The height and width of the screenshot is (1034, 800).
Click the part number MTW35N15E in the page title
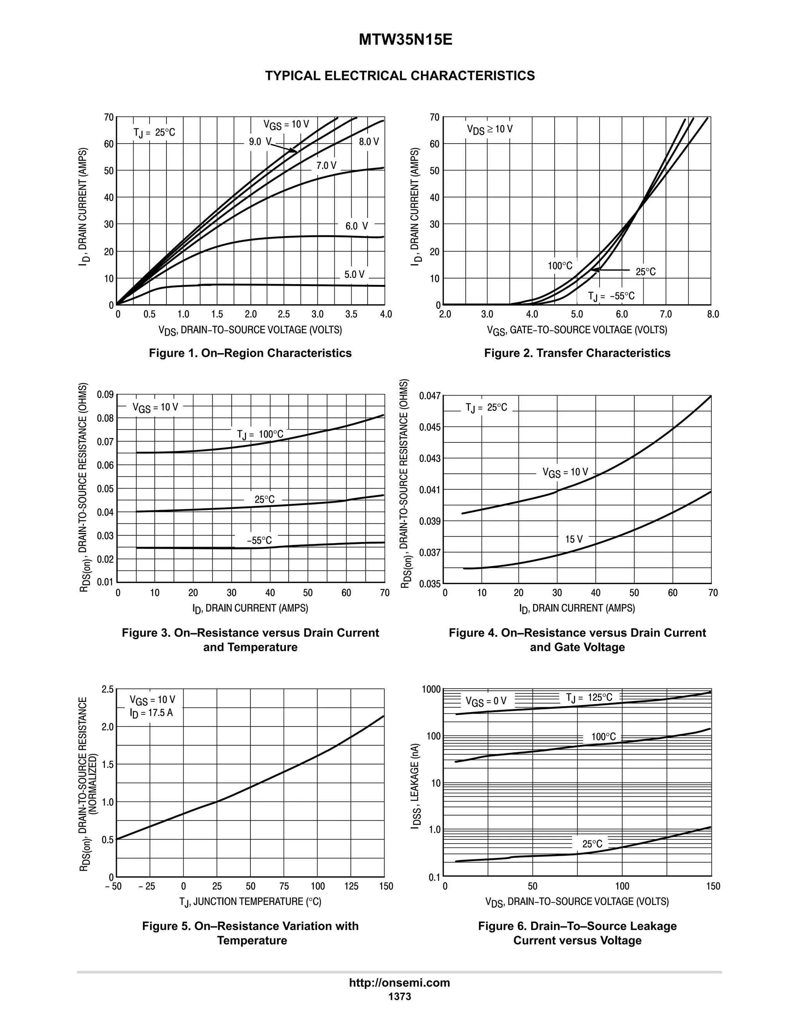click(x=405, y=40)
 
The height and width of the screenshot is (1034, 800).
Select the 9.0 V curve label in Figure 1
click(x=260, y=142)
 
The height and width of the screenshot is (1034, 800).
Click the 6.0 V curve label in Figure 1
click(x=356, y=226)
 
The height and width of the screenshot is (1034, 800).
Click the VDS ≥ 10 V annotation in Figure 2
click(x=489, y=129)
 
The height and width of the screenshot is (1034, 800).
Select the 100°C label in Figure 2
click(x=560, y=266)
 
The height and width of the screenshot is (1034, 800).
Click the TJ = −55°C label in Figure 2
click(x=611, y=297)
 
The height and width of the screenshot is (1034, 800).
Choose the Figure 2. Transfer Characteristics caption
click(x=577, y=353)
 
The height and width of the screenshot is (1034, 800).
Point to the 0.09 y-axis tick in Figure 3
click(x=105, y=394)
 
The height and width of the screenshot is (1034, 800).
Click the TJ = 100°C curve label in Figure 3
click(x=260, y=434)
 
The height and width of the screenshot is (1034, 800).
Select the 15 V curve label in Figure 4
click(x=573, y=539)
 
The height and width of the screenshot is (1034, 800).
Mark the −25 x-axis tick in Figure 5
click(x=147, y=886)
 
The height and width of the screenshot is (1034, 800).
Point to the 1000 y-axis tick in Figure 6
click(x=431, y=689)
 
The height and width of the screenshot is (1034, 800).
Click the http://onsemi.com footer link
click(x=399, y=982)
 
